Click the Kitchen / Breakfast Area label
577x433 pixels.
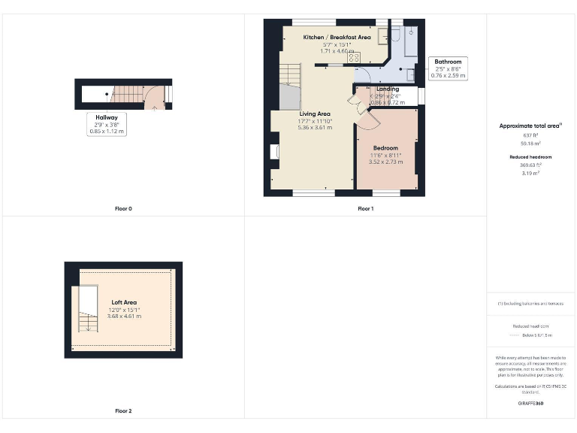pos(337,37)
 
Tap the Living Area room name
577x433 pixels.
pos(315,114)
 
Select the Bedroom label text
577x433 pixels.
pos(385,148)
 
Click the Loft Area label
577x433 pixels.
pos(125,302)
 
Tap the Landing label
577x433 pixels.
pos(388,89)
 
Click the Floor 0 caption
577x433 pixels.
pos(123,208)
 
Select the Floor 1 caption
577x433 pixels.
pos(366,208)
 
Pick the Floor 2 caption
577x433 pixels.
pos(123,411)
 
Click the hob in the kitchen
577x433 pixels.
pos(353,57)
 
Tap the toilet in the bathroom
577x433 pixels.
pos(410,74)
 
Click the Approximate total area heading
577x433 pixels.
pos(530,126)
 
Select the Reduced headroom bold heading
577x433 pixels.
pos(530,156)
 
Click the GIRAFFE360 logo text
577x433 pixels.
pos(530,404)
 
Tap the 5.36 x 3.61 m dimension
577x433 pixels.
pos(315,128)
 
